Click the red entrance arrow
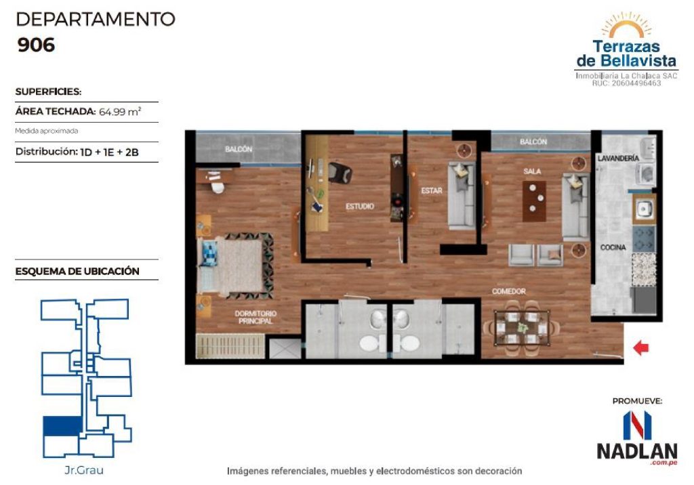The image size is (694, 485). point(641,347)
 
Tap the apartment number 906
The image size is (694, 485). point(37,45)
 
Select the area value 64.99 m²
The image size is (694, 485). point(119,112)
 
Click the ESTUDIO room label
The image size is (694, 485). point(360,206)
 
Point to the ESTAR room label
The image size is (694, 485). point(432,190)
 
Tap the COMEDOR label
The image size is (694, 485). point(509,291)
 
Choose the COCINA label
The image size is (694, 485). point(613,247)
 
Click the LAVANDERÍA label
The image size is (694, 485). point(618,158)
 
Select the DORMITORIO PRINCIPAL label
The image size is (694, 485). point(256,317)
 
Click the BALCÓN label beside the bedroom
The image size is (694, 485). point(239,149)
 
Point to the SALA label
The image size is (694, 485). point(532,171)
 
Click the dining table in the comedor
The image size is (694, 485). point(523,328)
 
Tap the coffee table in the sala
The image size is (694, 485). point(534,201)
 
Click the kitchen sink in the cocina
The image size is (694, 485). point(644,208)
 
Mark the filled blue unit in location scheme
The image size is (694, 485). point(62,426)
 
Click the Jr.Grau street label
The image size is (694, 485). point(84,470)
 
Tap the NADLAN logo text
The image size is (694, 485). point(637,451)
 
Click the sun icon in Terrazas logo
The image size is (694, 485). point(626,26)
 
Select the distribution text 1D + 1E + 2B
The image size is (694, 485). point(109,152)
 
